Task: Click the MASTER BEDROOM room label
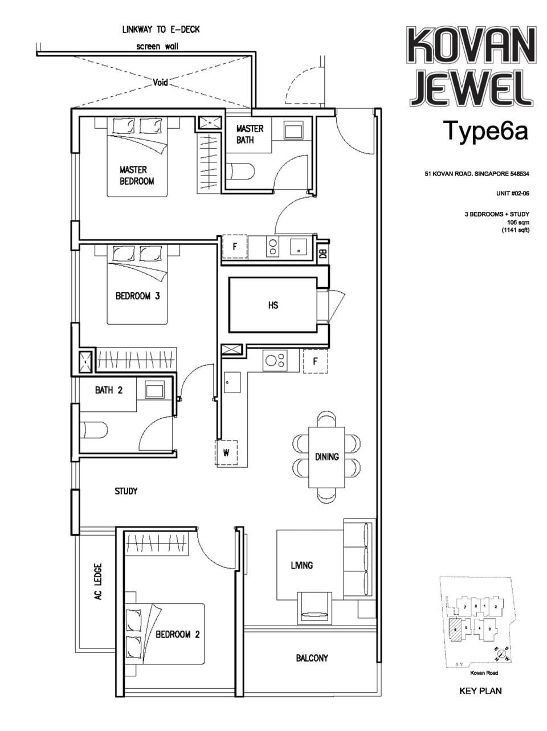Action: [x=137, y=175]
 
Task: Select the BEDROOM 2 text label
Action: [x=178, y=634]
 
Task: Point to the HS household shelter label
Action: [x=273, y=305]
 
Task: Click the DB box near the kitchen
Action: [x=323, y=255]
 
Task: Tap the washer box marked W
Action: [x=226, y=454]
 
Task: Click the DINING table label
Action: [x=326, y=456]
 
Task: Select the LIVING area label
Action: [x=301, y=565]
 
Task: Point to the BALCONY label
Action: [x=312, y=658]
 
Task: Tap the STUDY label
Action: [x=126, y=491]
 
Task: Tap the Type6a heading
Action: [x=485, y=130]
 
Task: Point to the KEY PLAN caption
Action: [x=480, y=691]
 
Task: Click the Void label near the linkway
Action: [x=161, y=83]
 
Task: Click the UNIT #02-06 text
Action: [x=513, y=194]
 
